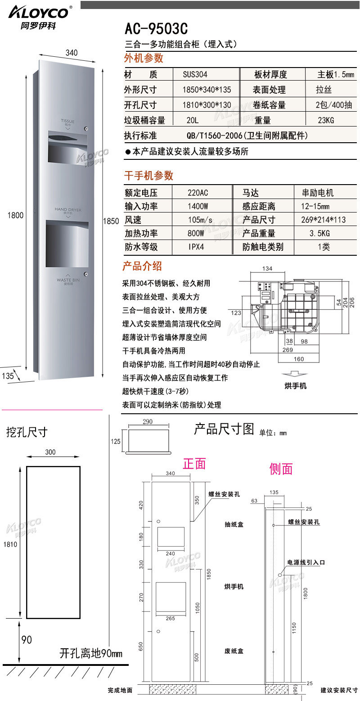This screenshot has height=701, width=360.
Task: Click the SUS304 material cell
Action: coord(195,75)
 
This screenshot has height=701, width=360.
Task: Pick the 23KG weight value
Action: coord(326,121)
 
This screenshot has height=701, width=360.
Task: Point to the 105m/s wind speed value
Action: coord(200,220)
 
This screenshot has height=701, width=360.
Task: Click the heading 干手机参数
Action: coord(148,176)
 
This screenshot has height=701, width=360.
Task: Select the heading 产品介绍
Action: coord(142,266)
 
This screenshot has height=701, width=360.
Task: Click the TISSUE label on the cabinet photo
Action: coord(67,122)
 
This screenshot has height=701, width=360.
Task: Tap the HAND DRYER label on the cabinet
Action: coord(68,210)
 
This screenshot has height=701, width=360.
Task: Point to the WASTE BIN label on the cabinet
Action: coord(68,280)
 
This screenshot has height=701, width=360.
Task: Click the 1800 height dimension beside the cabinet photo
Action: coord(15,216)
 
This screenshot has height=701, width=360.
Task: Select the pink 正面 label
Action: coord(194,464)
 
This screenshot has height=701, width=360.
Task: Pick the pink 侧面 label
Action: coord(281,469)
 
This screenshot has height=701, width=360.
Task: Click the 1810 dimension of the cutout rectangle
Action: coord(10,544)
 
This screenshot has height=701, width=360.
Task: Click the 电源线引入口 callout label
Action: coord(306,562)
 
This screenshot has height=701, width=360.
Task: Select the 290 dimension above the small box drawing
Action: coord(147,422)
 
